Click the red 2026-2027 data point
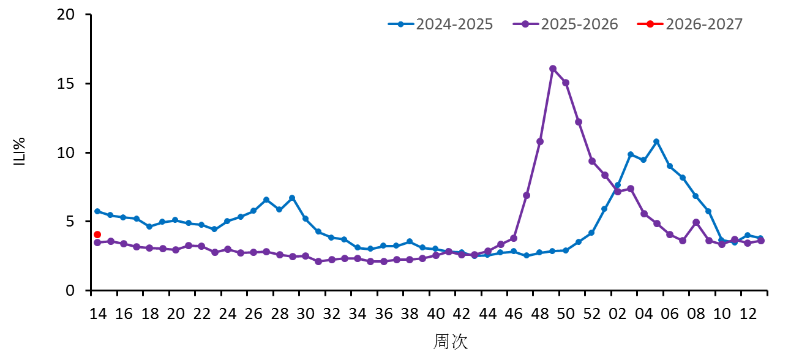(97, 234)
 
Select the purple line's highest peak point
(553, 69)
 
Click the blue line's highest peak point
(656, 141)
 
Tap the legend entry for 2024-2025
(441, 24)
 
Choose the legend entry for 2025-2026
(566, 24)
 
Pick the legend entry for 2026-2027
(691, 24)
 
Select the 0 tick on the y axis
(78, 290)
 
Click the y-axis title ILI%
(20, 152)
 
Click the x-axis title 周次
(451, 342)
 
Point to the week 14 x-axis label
(97, 314)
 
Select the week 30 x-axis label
(306, 314)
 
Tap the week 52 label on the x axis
(592, 314)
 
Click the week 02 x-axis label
(618, 314)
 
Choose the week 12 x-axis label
(748, 314)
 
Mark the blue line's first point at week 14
(97, 211)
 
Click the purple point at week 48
(540, 141)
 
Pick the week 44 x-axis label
(488, 314)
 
